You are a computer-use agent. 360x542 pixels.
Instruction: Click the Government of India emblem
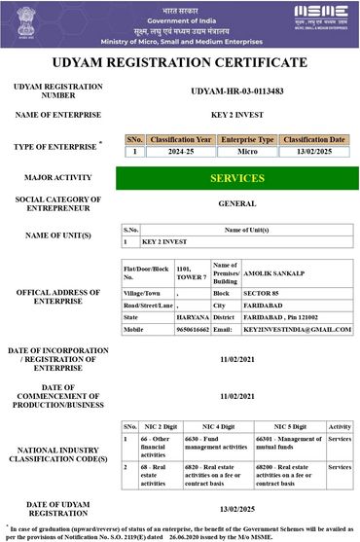coord(24,22)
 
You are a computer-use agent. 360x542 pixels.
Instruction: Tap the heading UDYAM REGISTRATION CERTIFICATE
coord(180,62)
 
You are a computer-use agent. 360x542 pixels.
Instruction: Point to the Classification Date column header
coord(314,140)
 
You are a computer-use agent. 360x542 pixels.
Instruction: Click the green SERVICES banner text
coord(237,178)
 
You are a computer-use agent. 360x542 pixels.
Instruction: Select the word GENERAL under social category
coord(237,204)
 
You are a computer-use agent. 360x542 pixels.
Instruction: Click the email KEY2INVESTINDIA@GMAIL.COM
coord(297,330)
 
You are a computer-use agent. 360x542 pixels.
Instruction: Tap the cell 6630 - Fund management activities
coord(203,446)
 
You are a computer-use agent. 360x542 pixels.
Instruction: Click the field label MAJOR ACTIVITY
coord(59,179)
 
